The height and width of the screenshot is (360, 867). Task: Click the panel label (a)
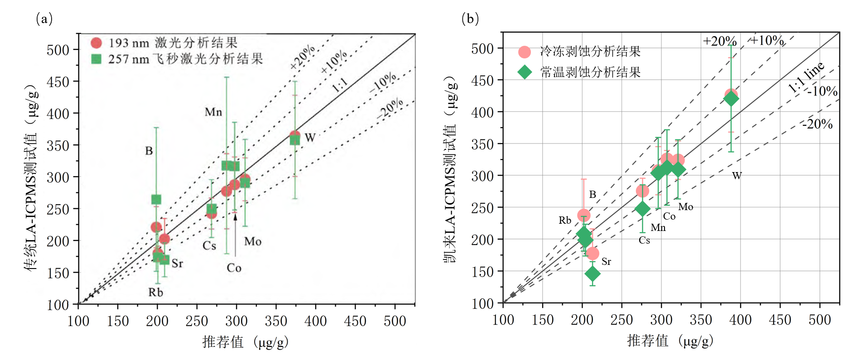click(x=44, y=19)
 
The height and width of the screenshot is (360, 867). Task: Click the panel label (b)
click(x=470, y=19)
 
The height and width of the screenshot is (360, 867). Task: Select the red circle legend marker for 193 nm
click(x=96, y=43)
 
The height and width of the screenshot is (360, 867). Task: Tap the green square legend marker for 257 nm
click(x=96, y=59)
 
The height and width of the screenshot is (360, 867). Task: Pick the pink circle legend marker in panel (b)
click(x=524, y=52)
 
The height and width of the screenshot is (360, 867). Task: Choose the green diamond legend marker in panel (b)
click(x=524, y=72)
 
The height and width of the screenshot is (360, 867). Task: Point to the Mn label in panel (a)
click(x=213, y=112)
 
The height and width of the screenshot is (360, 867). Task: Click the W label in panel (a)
click(x=310, y=138)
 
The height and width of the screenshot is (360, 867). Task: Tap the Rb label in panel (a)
click(x=155, y=293)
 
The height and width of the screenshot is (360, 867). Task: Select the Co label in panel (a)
click(x=234, y=268)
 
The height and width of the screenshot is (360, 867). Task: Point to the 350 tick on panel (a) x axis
click(x=276, y=321)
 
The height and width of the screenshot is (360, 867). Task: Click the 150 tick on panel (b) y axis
click(x=482, y=272)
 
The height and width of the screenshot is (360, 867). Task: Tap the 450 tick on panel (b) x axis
click(x=780, y=320)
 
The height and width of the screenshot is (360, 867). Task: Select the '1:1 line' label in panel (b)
click(x=806, y=77)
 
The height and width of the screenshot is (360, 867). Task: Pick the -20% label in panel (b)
click(x=818, y=124)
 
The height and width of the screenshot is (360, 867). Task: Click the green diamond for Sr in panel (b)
click(x=592, y=274)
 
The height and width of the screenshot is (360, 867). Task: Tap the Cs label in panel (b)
click(x=644, y=240)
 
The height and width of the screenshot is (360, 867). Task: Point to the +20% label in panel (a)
click(x=303, y=58)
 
